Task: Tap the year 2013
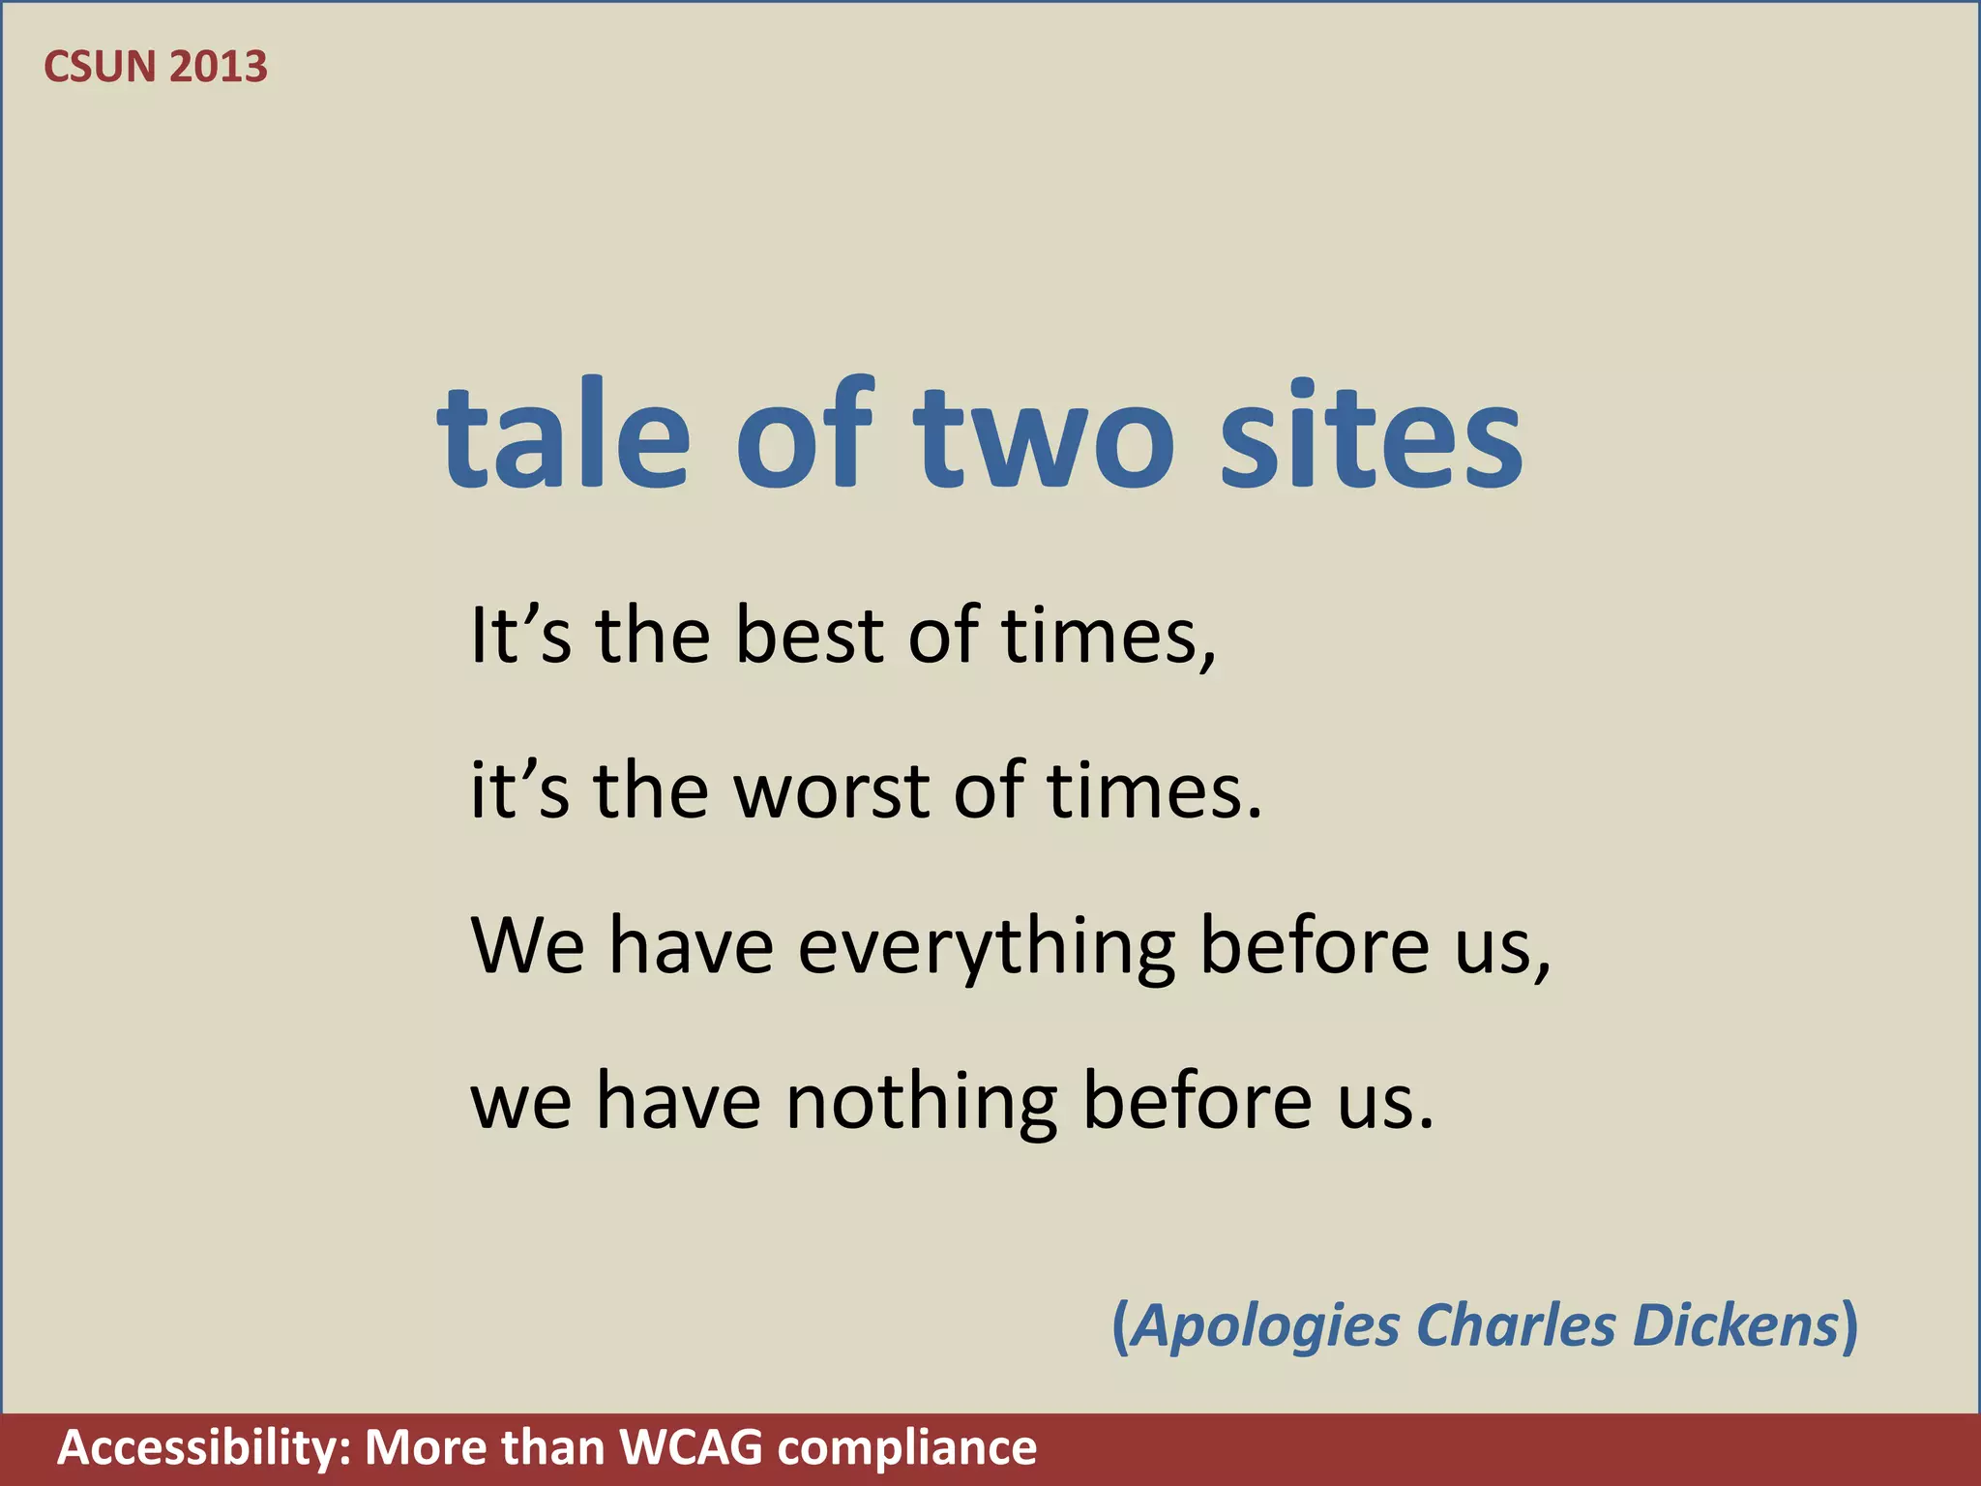pyautogui.click(x=218, y=67)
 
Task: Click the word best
pyautogui.click(x=809, y=637)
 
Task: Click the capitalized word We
pyautogui.click(x=527, y=946)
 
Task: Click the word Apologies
pyautogui.click(x=1266, y=1326)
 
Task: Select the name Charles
pyautogui.click(x=1516, y=1324)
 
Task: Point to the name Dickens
pyautogui.click(x=1735, y=1324)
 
